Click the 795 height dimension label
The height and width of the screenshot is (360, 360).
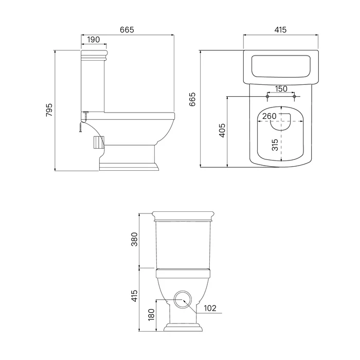coord(49,110)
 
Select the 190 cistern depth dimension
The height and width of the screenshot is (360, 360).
coord(94,40)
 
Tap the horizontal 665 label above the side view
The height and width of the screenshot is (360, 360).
coord(127,30)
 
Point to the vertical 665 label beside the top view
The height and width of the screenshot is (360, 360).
coord(192,99)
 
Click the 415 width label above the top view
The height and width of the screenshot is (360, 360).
coord(280,30)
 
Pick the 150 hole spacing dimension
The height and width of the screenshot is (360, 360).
coord(281,88)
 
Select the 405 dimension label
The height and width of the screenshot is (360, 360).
coord(222,131)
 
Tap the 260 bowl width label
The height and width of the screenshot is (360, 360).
coord(269,116)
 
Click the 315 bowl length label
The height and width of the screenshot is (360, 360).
coord(275,145)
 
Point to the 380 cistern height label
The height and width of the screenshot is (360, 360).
coord(134,239)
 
